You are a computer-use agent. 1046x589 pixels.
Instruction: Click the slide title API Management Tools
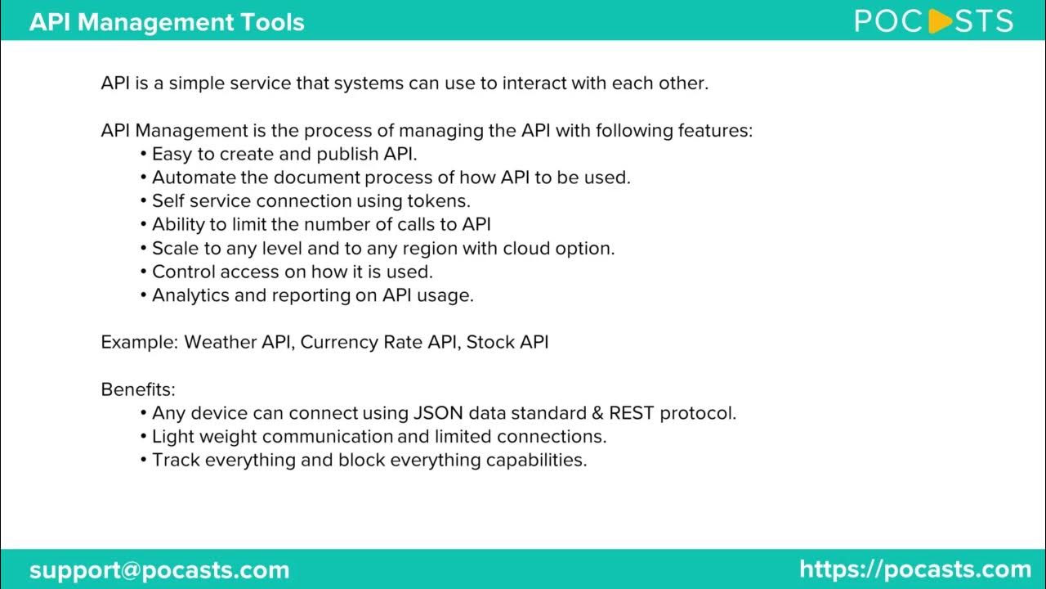pyautogui.click(x=167, y=21)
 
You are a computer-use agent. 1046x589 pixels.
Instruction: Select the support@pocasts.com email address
pyautogui.click(x=159, y=569)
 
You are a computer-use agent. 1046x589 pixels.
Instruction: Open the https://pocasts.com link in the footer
pyautogui.click(x=915, y=569)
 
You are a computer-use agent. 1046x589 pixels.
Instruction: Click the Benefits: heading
pyautogui.click(x=138, y=389)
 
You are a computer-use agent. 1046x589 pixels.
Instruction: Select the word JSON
pyautogui.click(x=439, y=413)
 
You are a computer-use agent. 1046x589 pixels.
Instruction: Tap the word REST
pyautogui.click(x=631, y=413)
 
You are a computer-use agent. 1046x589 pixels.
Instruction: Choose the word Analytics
pyautogui.click(x=190, y=295)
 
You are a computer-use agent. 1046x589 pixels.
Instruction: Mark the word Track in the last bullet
pyautogui.click(x=176, y=460)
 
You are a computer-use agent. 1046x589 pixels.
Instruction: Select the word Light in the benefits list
pyautogui.click(x=172, y=436)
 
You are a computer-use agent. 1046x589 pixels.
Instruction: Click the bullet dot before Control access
pyautogui.click(x=144, y=272)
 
